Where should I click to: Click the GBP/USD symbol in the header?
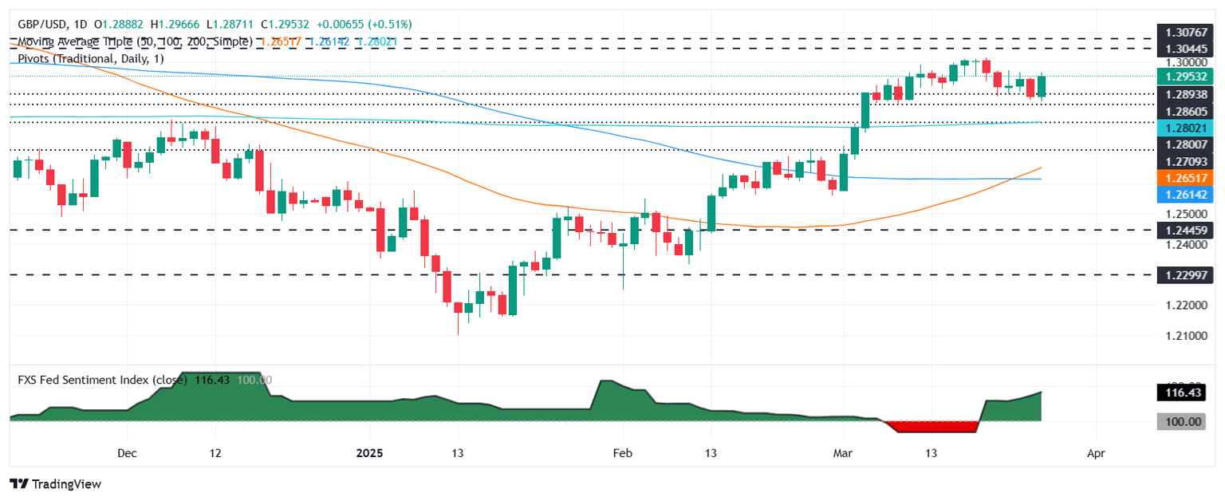pyautogui.click(x=41, y=26)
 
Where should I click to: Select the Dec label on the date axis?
pyautogui.click(x=126, y=453)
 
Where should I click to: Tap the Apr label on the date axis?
pyautogui.click(x=1095, y=453)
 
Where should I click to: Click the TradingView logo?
pyautogui.click(x=55, y=483)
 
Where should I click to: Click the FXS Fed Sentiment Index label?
pyautogui.click(x=96, y=381)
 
